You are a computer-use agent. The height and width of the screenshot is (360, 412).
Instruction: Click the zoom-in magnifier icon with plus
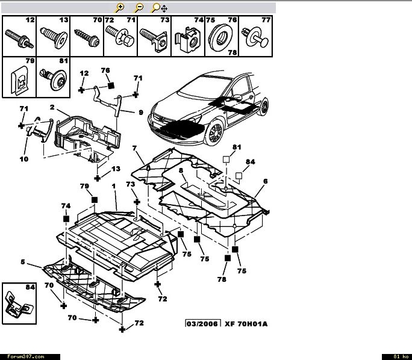tap(120, 7)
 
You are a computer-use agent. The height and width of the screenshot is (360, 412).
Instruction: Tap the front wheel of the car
tap(214, 132)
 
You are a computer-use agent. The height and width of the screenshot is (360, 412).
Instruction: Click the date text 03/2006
tap(203, 324)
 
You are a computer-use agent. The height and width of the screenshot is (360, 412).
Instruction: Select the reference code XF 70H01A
tap(246, 324)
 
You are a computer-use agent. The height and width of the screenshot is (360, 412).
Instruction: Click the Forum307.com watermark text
tap(23, 356)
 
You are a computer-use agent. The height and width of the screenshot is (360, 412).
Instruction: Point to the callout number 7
tap(135, 148)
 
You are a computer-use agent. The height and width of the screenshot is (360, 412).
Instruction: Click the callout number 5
tap(23, 262)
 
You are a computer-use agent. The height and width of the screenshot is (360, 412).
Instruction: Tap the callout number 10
tap(23, 159)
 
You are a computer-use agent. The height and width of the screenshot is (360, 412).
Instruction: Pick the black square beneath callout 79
tap(95, 199)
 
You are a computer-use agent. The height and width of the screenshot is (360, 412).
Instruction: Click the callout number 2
tap(52, 108)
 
